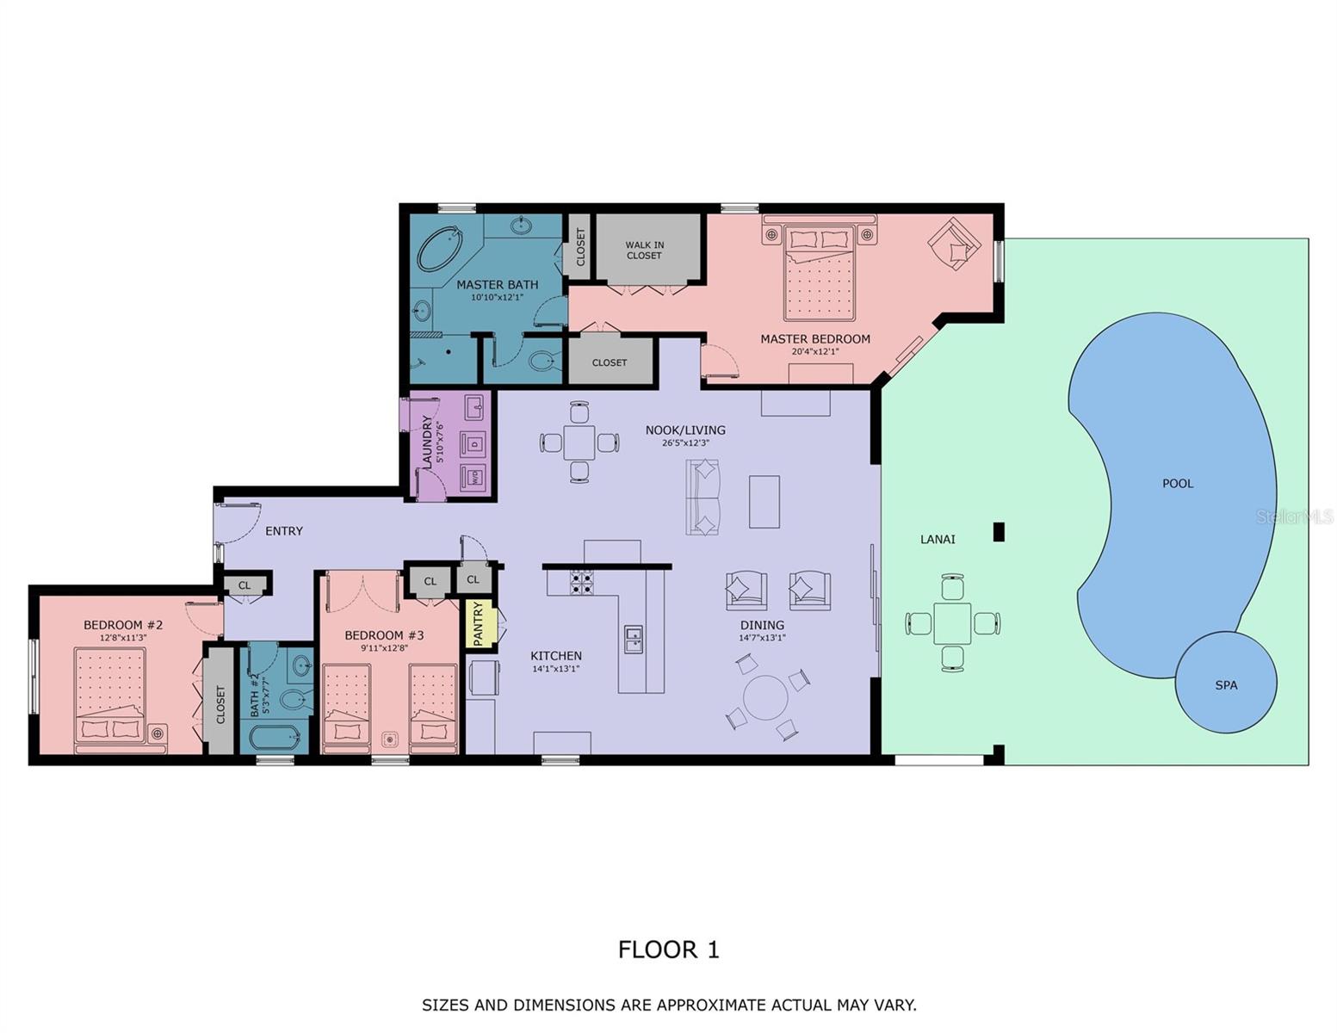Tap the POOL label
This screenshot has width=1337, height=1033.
[x=1178, y=484]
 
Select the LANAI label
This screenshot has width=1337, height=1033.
[x=938, y=540]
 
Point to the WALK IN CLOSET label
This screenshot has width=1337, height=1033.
[x=645, y=250]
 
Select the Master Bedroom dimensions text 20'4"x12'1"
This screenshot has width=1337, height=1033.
[x=814, y=351]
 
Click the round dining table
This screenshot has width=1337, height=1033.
[x=765, y=697]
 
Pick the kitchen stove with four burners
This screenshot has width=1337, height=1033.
[x=582, y=583]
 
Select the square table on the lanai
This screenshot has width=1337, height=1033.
[x=952, y=622]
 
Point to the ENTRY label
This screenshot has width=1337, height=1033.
[x=284, y=531]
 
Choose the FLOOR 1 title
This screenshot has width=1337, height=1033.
[x=668, y=949]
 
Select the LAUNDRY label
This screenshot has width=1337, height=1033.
[x=426, y=441]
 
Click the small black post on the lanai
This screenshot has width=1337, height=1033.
[x=999, y=532]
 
